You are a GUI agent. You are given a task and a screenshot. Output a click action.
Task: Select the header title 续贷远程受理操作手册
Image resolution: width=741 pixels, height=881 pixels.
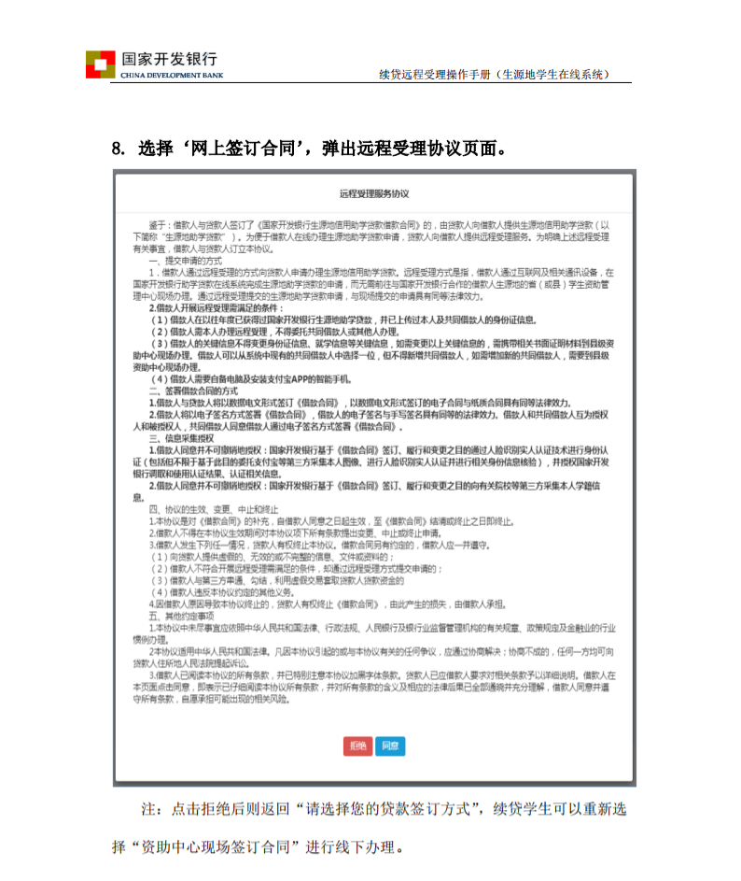coord(435,74)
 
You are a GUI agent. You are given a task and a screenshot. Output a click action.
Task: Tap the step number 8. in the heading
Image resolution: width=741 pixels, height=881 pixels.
coord(119,148)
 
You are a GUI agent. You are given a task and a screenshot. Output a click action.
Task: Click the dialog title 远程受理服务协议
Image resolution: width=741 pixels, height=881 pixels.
coord(374,193)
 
